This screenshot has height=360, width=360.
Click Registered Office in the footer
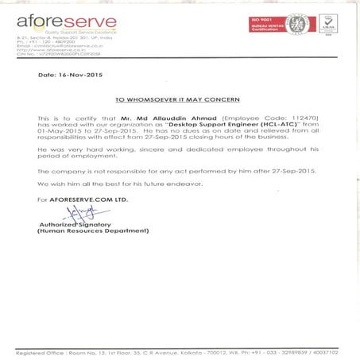click(41, 350)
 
